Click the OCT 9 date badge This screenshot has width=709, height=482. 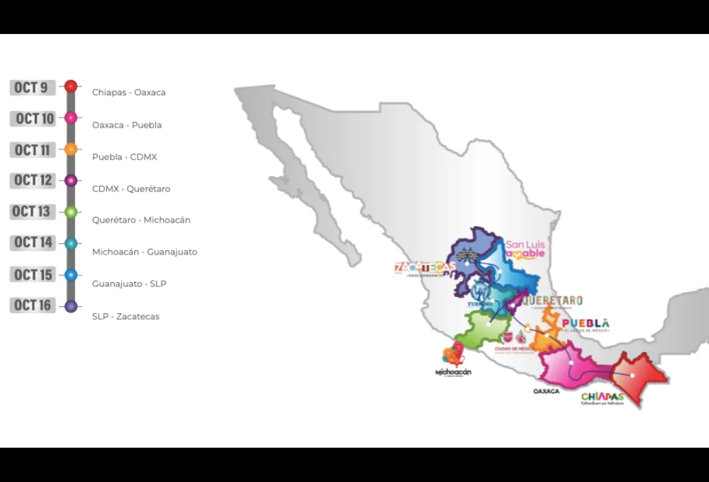(33, 87)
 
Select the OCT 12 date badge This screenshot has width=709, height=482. (33, 180)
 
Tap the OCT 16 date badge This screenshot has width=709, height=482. (33, 305)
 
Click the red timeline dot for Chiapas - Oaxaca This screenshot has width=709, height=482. (71, 86)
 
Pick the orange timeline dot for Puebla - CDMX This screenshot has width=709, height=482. (71, 149)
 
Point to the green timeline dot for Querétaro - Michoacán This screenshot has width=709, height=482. (71, 211)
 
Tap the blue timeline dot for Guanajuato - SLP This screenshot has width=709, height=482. (71, 274)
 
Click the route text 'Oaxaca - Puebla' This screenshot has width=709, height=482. (127, 125)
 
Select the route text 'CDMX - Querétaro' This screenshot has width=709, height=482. (131, 189)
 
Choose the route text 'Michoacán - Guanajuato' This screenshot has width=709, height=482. (145, 252)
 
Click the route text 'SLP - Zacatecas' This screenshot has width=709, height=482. (125, 316)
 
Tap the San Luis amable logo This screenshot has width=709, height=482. (525, 250)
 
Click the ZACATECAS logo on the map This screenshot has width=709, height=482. (423, 269)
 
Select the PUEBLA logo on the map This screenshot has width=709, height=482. (586, 324)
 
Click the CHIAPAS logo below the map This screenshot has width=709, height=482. (602, 398)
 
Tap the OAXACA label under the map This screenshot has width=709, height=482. (546, 391)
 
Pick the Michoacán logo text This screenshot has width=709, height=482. (454, 371)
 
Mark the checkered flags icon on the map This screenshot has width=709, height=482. (464, 254)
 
